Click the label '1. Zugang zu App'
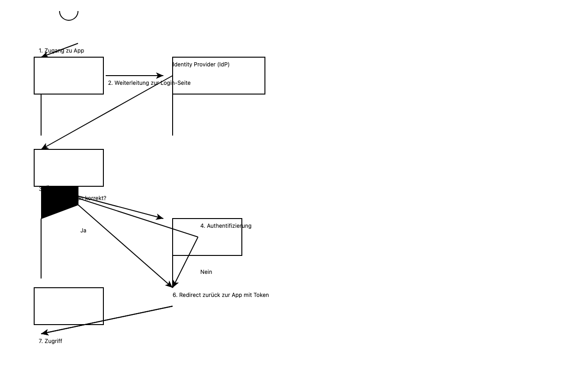click(x=61, y=51)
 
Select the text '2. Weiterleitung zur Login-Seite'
click(x=149, y=83)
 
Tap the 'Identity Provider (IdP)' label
click(x=201, y=65)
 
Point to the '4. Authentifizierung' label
click(x=226, y=226)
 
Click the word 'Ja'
click(x=83, y=231)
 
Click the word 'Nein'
click(x=206, y=272)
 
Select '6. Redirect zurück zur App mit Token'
click(x=221, y=295)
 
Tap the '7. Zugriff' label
click(x=50, y=341)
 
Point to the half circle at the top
click(x=69, y=16)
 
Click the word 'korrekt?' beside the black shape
click(x=95, y=198)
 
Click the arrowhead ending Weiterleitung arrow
click(x=160, y=76)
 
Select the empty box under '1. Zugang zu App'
click(x=69, y=76)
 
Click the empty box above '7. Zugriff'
click(x=69, y=306)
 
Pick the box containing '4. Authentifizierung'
click(x=207, y=242)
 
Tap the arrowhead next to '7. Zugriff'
click(x=44, y=332)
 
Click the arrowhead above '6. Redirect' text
click(x=173, y=284)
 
